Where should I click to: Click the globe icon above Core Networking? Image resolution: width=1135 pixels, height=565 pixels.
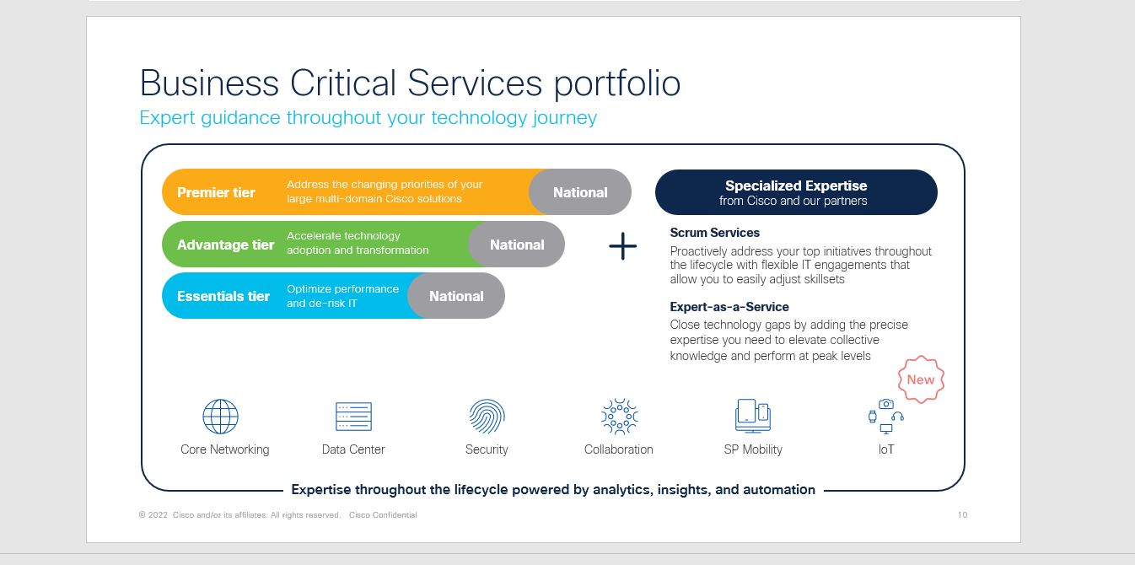[220, 417]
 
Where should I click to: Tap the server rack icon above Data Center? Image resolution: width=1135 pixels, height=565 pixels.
[353, 417]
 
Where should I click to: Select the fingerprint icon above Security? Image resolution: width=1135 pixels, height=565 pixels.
[487, 417]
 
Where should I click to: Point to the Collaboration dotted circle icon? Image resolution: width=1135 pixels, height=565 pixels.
[619, 417]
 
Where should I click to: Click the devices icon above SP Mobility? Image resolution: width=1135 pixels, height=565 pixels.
[753, 416]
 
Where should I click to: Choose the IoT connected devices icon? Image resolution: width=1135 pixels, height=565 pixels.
[885, 417]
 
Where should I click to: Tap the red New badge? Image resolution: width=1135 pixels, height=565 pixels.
[921, 379]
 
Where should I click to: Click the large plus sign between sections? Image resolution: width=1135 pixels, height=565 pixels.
[622, 246]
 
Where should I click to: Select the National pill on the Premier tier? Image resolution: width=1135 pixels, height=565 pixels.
[580, 192]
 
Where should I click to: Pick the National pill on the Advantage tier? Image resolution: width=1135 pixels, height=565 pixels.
[517, 245]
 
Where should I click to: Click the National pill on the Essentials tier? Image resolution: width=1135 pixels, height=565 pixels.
[456, 296]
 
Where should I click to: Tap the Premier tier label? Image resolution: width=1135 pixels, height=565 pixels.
[216, 192]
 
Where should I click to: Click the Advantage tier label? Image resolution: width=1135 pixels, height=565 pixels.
[225, 245]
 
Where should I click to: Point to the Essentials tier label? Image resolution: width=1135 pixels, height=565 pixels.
[223, 296]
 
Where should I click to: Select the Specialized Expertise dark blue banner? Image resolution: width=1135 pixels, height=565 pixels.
[796, 192]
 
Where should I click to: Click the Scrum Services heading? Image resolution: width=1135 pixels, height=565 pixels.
[714, 233]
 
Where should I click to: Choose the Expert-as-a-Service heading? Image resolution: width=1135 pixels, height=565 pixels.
[729, 307]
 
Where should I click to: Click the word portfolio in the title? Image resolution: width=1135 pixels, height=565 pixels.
[617, 84]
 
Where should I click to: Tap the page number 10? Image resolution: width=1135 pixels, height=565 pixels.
[962, 515]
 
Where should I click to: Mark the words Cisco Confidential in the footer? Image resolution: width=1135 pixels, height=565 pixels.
[383, 515]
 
